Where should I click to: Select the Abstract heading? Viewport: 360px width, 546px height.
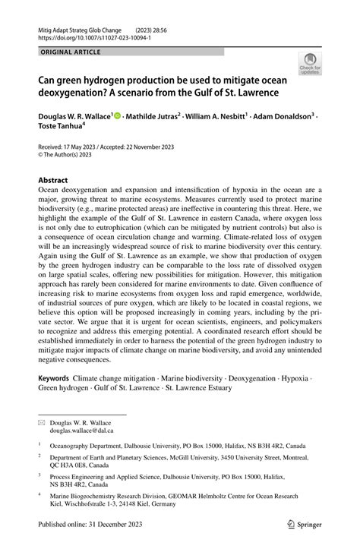pyautogui.click(x=58, y=181)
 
